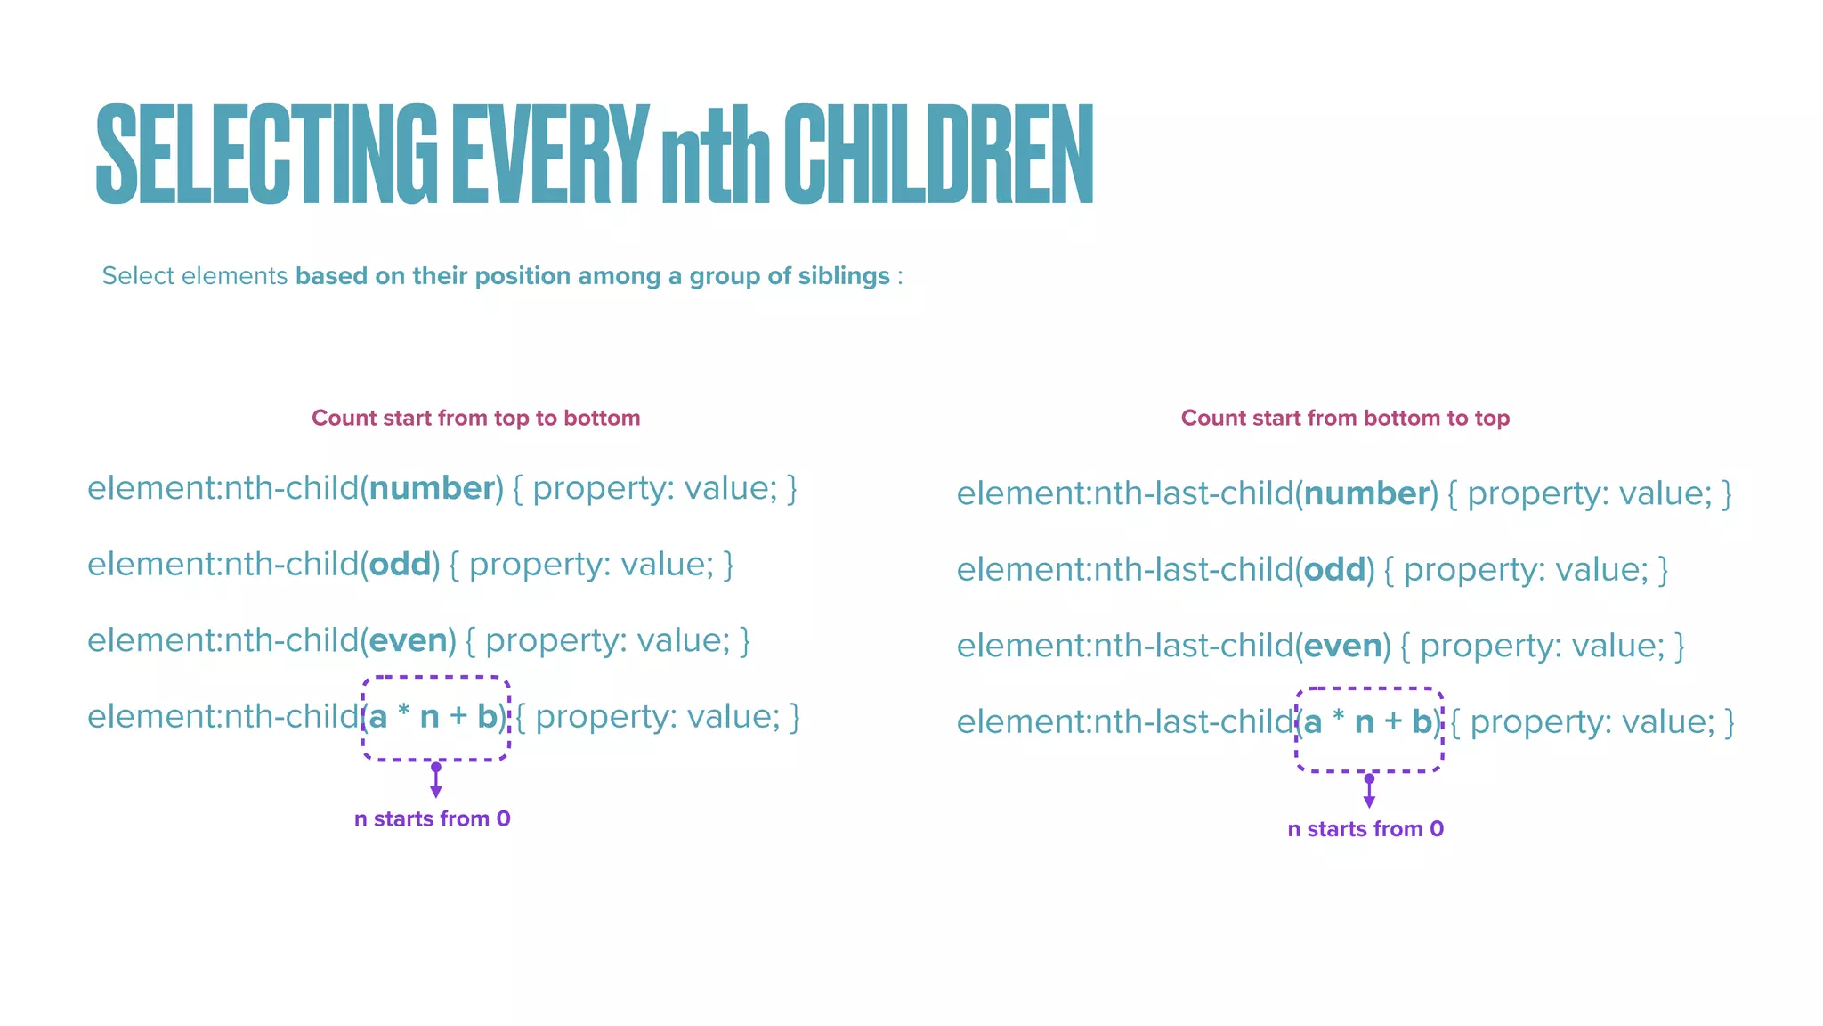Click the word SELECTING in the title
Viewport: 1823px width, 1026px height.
[266, 154]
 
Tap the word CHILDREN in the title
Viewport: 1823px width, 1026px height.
[938, 154]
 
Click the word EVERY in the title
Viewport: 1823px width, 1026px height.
[550, 154]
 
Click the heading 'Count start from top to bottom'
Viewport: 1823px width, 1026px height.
[475, 418]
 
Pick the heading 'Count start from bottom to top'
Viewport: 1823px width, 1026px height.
[1345, 418]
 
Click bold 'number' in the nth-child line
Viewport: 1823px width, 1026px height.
[432, 488]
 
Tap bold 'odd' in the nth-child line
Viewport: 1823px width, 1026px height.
[400, 565]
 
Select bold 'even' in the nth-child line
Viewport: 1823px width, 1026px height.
[408, 640]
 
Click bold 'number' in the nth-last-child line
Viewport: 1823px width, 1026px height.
[1365, 493]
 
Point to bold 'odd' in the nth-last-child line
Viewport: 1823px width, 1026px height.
[1333, 570]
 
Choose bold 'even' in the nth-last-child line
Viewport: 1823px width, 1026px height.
[1341, 646]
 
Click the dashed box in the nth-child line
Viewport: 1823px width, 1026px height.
[436, 718]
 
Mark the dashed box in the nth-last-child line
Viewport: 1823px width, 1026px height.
[1369, 729]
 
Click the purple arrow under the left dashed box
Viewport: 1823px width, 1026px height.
[436, 781]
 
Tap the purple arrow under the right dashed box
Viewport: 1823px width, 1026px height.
[1369, 792]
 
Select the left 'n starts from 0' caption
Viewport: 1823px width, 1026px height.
[433, 818]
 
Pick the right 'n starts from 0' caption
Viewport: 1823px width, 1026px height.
[1365, 829]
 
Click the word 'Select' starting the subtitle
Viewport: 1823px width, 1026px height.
[138, 276]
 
